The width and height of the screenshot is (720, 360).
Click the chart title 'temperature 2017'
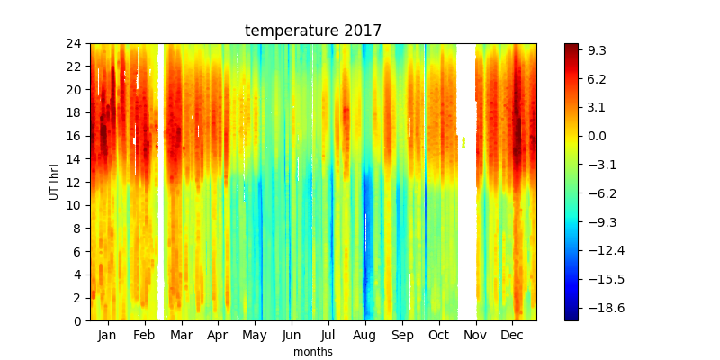click(x=313, y=31)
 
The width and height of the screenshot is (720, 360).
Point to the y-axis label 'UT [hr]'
click(x=54, y=182)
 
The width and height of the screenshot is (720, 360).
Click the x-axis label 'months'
click(x=313, y=352)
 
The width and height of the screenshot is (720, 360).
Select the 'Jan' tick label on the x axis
click(x=107, y=335)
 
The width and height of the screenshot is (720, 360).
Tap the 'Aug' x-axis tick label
click(x=365, y=336)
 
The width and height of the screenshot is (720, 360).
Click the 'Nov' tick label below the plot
click(x=476, y=335)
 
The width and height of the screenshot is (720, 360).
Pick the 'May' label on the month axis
click(x=255, y=336)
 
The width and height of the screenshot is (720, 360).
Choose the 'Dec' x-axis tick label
click(x=512, y=335)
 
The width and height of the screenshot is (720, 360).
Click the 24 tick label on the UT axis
click(x=76, y=44)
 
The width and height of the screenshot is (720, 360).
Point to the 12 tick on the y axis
click(x=76, y=183)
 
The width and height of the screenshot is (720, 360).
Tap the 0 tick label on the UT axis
click(x=79, y=321)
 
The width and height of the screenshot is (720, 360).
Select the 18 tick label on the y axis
click(x=76, y=113)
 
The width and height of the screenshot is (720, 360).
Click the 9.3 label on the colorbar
click(x=598, y=50)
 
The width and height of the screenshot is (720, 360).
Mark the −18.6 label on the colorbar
click(x=604, y=307)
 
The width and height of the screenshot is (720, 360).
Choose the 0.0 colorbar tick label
click(x=598, y=136)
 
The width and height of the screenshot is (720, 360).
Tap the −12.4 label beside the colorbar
click(x=604, y=250)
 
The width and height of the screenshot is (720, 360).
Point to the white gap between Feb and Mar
click(x=161, y=182)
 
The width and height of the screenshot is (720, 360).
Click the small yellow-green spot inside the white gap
click(x=463, y=142)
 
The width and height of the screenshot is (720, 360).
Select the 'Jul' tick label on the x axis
click(x=328, y=335)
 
